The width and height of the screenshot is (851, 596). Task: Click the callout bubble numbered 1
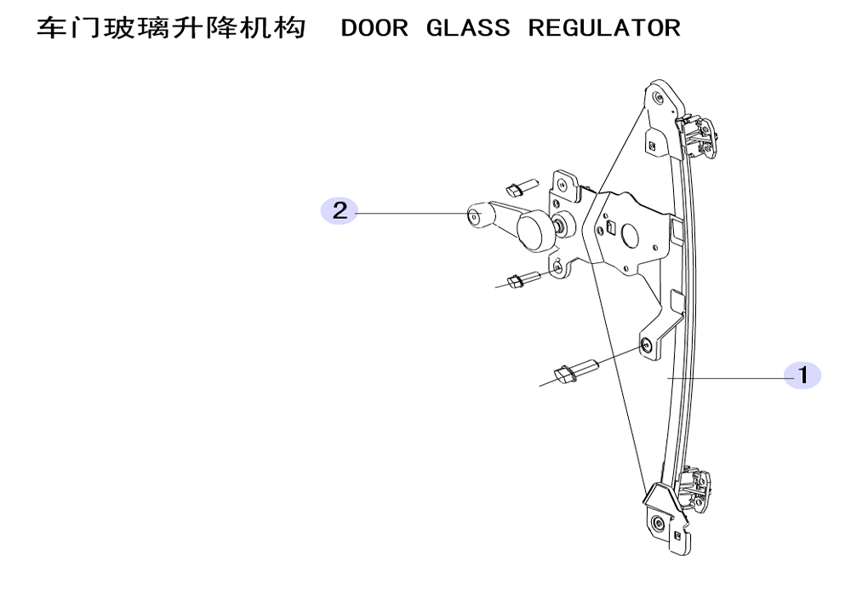(x=802, y=375)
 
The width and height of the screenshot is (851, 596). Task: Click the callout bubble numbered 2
(x=340, y=210)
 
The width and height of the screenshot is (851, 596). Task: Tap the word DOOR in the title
(x=374, y=28)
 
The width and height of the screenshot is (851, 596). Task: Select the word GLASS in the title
(x=468, y=28)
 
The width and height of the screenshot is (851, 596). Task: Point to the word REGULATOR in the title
(x=604, y=28)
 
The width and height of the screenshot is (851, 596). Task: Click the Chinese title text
(x=171, y=28)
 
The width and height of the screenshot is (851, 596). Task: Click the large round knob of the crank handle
(x=534, y=231)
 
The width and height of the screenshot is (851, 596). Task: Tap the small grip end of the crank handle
(x=480, y=216)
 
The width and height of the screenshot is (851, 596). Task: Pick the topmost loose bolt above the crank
(x=141, y=186)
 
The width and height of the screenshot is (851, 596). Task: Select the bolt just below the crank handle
(x=144, y=279)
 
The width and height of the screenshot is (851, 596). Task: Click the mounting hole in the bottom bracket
(x=659, y=524)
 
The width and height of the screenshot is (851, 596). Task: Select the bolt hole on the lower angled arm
(x=647, y=345)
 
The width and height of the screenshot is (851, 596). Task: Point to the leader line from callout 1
(x=726, y=376)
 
